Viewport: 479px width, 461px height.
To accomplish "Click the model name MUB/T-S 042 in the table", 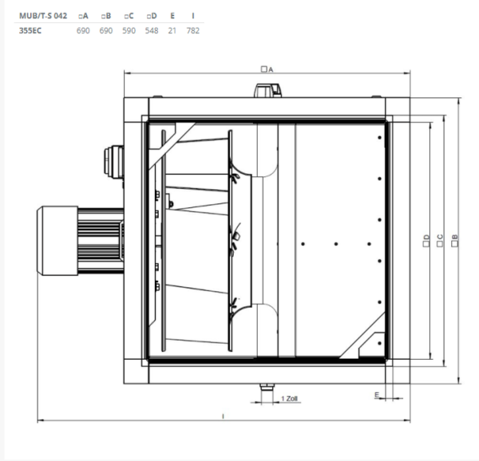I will (x=43, y=15).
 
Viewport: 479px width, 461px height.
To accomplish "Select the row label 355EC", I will (x=30, y=30).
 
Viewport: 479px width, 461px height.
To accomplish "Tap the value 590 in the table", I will (x=128, y=30).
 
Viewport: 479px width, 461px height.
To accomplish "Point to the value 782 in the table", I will (x=192, y=30).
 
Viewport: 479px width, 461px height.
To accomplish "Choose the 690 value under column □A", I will (x=82, y=30).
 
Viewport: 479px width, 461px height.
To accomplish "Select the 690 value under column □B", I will (x=105, y=30).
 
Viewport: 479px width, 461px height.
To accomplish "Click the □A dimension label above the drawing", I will (x=267, y=70).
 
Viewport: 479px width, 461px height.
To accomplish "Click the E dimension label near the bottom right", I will (x=375, y=395).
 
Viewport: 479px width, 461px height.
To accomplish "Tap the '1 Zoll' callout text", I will (x=290, y=397).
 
